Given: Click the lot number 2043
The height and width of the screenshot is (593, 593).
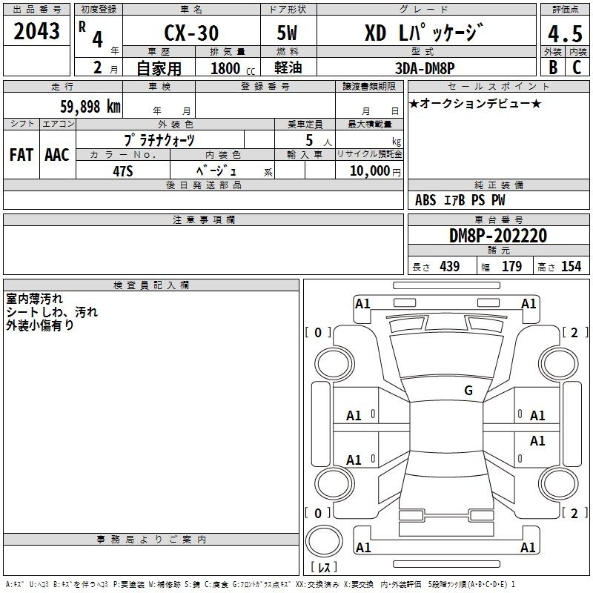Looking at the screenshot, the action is pos(36,31).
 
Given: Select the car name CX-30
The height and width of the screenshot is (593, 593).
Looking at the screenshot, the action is pos(191,33).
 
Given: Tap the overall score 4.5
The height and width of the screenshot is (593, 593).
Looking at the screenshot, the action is pos(565,34).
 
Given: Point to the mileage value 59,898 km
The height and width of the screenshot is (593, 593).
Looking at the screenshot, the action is pos(90,107).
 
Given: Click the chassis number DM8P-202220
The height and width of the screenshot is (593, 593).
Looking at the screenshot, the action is pos(497,236).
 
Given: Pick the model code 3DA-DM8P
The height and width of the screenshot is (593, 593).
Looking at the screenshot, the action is pos(425,68).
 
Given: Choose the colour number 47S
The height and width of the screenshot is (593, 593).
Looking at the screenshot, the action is pos(123,171).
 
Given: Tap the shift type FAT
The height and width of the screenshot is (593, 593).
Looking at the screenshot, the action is pos(21,155).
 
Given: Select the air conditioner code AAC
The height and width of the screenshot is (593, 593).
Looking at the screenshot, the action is pos(57,155).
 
